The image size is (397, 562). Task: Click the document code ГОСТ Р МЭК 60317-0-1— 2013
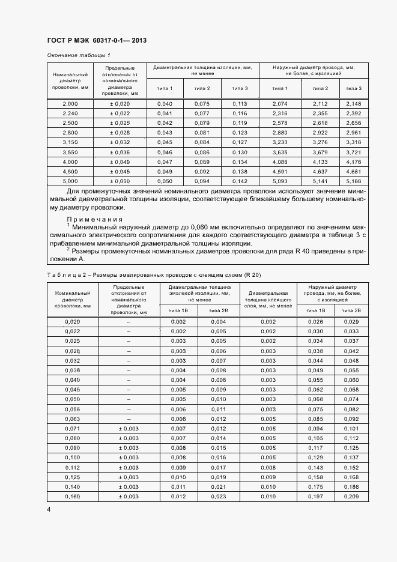pos(96,41)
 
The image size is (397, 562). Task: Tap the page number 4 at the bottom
pos(49,510)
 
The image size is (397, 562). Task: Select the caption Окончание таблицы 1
pos(79,56)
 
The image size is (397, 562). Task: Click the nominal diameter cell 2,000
pos(70,104)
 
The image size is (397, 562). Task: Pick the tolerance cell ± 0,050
pos(120,181)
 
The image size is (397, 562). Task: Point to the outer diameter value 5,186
pos(354,181)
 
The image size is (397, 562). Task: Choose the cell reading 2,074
pos(279,104)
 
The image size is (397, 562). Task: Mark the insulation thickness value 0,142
pos(239,181)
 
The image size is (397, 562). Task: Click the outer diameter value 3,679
pos(320,152)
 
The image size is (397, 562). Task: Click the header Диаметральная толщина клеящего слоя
pos(268,298)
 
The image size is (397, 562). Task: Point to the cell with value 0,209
pos(351,497)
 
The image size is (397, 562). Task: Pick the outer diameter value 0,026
pos(315,322)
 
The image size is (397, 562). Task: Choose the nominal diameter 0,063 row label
pos(72,418)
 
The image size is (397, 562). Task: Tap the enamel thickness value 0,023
pos(217,497)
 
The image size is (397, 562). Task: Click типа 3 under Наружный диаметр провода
pos(354,88)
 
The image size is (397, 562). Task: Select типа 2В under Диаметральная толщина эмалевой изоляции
pos(217,310)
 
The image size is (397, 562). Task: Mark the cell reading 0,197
pos(315,497)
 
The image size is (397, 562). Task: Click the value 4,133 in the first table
pos(320,162)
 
